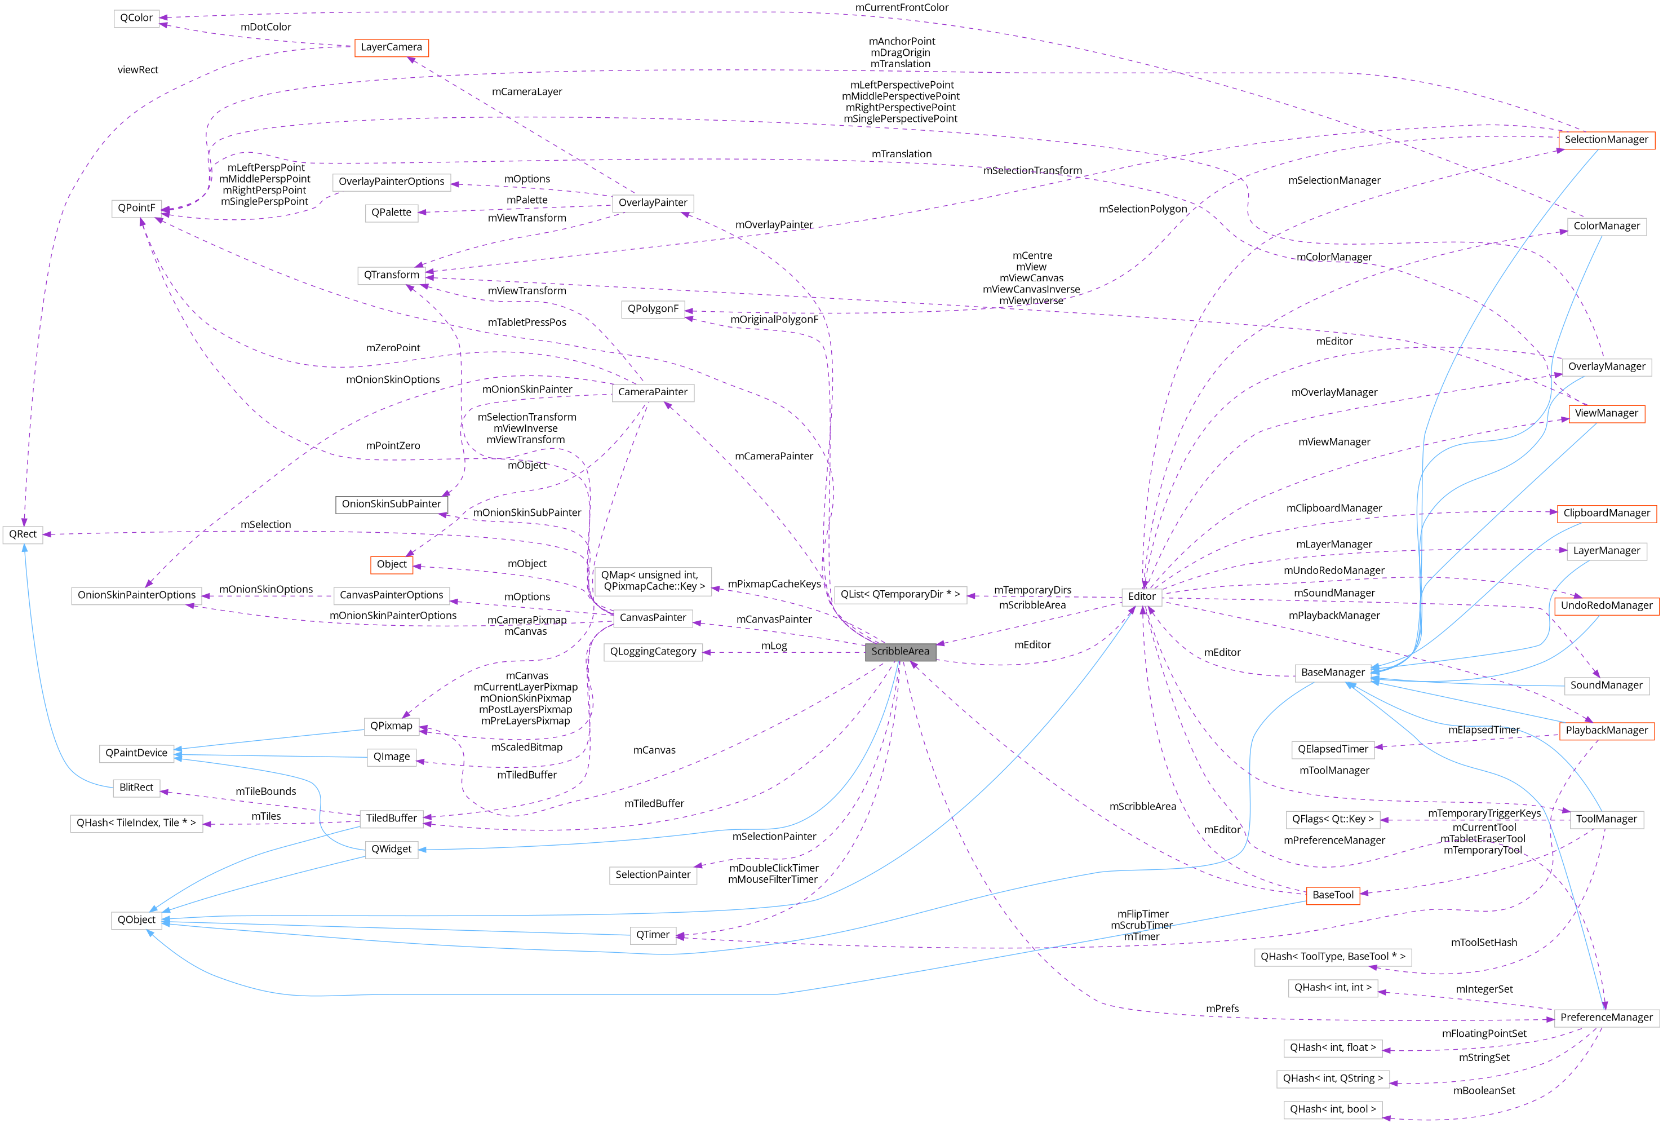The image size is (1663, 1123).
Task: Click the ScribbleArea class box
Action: pyautogui.click(x=899, y=651)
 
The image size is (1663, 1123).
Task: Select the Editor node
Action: pyautogui.click(x=1141, y=596)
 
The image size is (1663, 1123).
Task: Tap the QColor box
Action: pyautogui.click(x=136, y=18)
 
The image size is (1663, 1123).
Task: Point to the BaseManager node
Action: pyautogui.click(x=1332, y=672)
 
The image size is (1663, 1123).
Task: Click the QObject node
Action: pyautogui.click(x=136, y=919)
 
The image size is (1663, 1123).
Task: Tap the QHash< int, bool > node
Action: pyautogui.click(x=1332, y=1109)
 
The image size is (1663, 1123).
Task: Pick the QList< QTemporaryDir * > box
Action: pyautogui.click(x=899, y=594)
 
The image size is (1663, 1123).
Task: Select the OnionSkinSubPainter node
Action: pyautogui.click(x=392, y=504)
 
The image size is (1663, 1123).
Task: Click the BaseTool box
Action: pyautogui.click(x=1332, y=895)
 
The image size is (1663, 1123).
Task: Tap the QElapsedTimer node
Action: pyautogui.click(x=1332, y=749)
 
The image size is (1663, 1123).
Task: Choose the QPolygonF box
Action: pyautogui.click(x=653, y=308)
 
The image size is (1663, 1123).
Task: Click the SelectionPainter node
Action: pyautogui.click(x=653, y=874)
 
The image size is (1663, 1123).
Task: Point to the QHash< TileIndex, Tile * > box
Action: pyautogui.click(x=136, y=823)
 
